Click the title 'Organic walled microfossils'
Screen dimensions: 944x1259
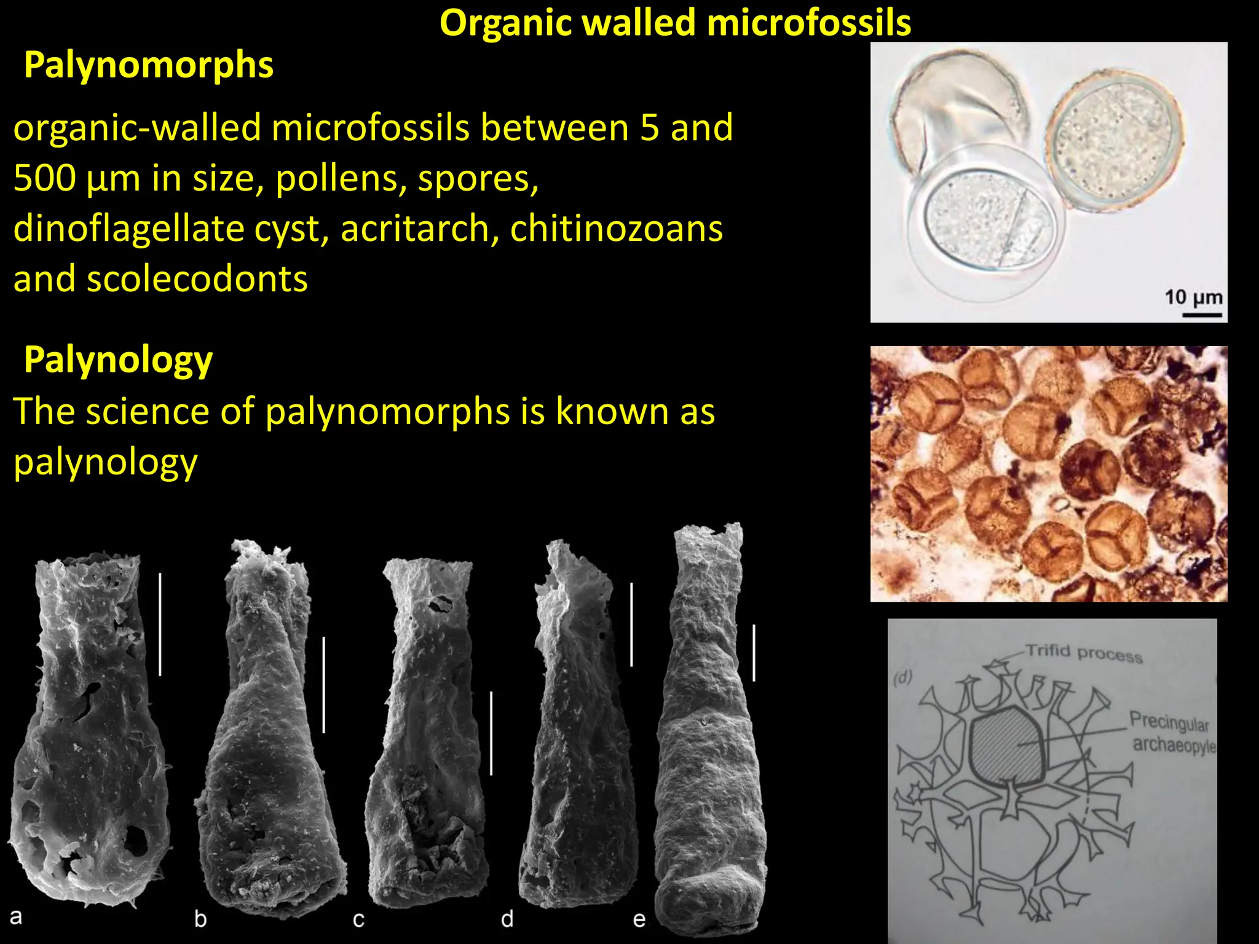tap(675, 23)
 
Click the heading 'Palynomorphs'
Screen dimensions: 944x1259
tap(148, 65)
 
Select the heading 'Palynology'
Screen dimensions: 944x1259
tap(118, 360)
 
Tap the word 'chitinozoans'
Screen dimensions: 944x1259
tap(616, 229)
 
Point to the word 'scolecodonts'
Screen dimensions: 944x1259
tap(197, 279)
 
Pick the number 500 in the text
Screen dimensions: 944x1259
tap(44, 178)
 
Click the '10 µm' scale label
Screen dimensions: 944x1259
tap(1193, 297)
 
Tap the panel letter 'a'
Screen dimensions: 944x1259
tap(16, 916)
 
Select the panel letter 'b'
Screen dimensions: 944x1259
tap(200, 919)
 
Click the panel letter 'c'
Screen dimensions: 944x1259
tap(358, 919)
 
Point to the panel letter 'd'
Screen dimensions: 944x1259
tap(507, 919)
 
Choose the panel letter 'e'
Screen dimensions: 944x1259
tap(639, 919)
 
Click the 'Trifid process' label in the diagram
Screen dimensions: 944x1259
tap(1084, 653)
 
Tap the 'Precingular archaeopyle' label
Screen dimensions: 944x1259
tap(1171, 732)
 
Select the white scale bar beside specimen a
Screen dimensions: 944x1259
tap(160, 624)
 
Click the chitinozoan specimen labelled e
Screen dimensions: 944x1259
tap(710, 737)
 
